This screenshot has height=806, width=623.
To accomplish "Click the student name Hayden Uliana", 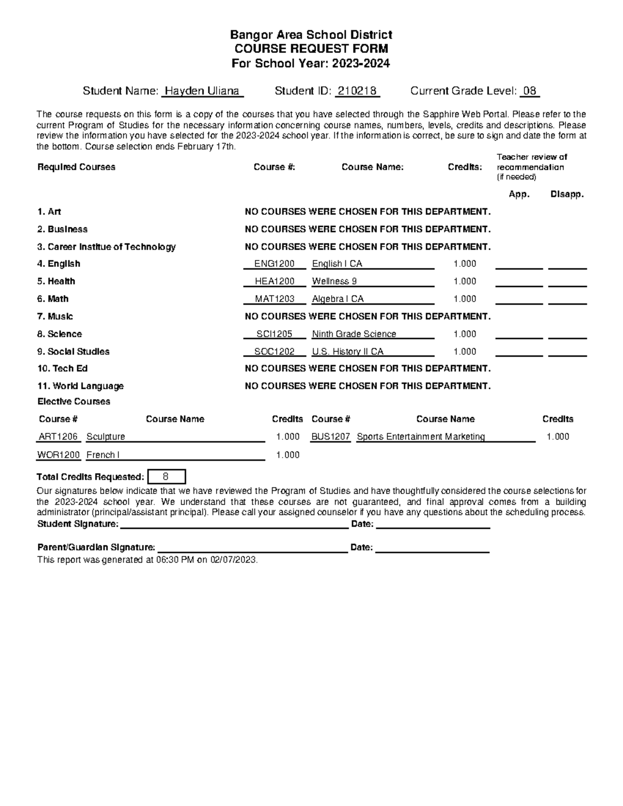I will click(202, 91).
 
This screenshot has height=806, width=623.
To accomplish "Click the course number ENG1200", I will click(274, 264).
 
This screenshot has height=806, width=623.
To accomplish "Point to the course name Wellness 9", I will click(334, 281).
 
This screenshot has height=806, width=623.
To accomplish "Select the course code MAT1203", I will click(274, 299).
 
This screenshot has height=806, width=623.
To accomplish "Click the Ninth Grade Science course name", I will click(354, 334).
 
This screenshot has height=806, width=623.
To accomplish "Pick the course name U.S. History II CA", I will click(347, 352).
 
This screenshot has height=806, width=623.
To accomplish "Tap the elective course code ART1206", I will click(58, 436).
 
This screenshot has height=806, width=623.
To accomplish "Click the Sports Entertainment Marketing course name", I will click(421, 436).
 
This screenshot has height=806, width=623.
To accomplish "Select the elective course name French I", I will click(103, 455).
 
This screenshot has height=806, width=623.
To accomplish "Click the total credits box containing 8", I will click(166, 476).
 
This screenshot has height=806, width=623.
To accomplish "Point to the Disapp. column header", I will click(567, 195).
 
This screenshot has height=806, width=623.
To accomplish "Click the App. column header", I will click(519, 195).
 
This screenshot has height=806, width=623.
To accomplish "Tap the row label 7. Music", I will click(55, 317).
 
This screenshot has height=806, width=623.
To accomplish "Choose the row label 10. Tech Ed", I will click(62, 368).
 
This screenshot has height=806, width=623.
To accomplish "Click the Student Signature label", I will click(77, 524).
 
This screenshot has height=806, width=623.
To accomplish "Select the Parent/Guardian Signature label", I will click(96, 548).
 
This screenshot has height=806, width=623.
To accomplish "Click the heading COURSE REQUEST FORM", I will click(311, 49).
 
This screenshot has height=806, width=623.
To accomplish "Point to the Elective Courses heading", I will click(74, 402).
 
